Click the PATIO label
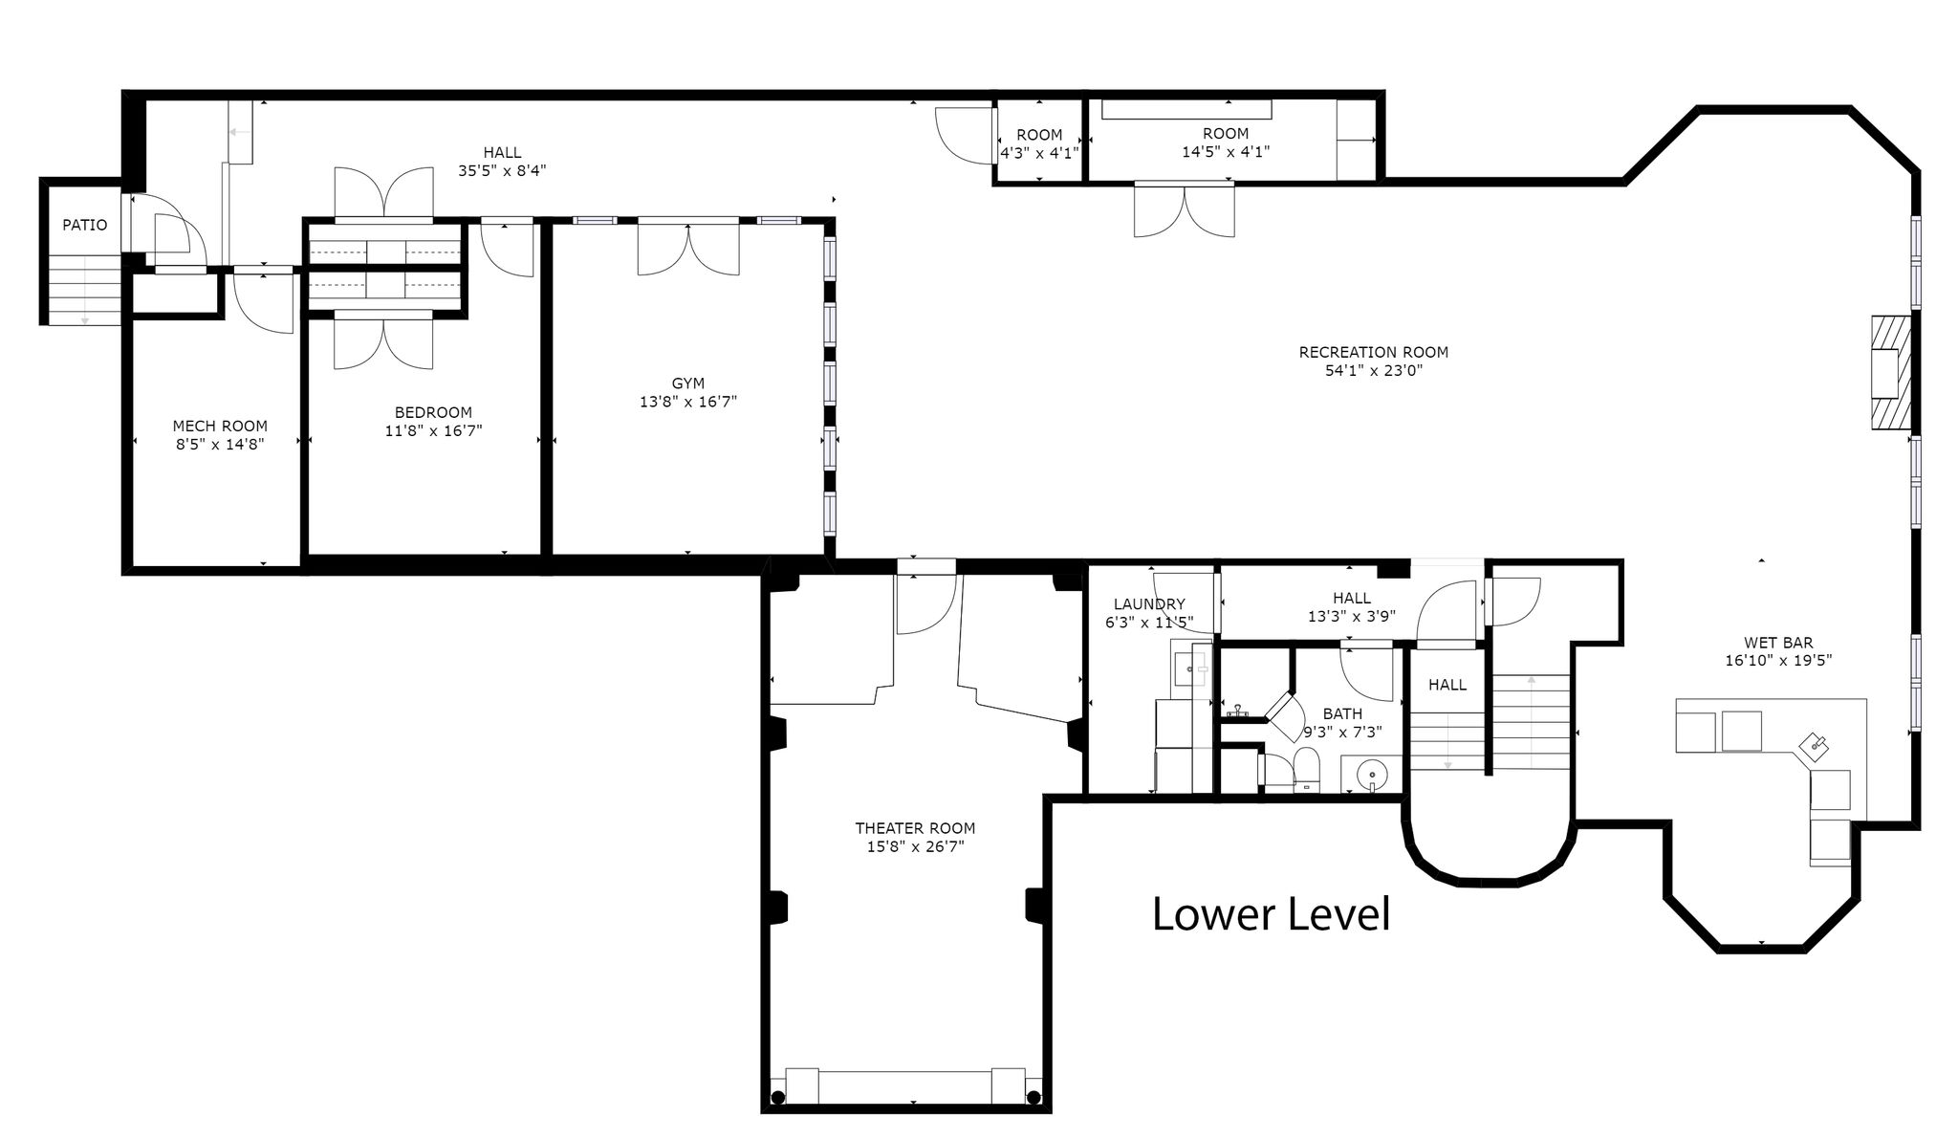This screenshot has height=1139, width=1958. [85, 226]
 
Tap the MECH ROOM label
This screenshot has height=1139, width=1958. [220, 427]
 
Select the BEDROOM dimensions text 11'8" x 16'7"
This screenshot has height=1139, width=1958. [433, 430]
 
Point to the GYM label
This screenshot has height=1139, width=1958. [688, 383]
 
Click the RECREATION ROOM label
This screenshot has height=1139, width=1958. [1374, 352]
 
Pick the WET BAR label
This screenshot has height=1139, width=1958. [1778, 643]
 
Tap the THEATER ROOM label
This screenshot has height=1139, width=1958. [915, 828]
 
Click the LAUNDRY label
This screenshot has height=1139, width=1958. [1149, 604]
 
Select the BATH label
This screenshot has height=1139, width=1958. [1342, 713]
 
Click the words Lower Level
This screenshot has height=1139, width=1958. [1271, 914]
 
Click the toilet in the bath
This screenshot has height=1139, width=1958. [1305, 770]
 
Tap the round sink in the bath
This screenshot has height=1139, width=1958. [1372, 772]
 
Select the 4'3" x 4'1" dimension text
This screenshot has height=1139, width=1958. [1039, 152]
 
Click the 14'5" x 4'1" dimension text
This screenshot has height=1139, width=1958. [1226, 151]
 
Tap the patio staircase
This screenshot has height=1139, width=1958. [85, 290]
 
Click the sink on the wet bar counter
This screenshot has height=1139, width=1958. [1815, 744]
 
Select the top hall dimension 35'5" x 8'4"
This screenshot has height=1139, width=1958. [502, 170]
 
